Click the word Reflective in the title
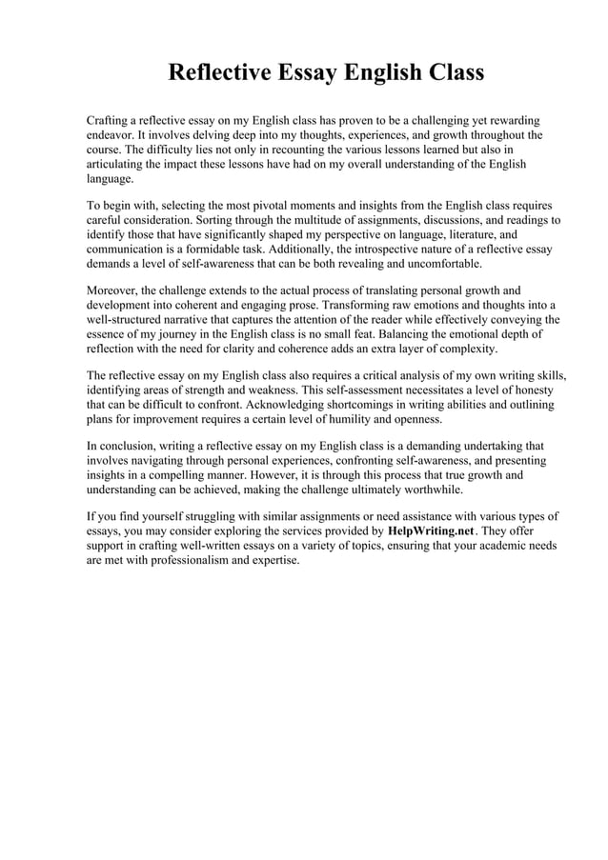pyautogui.click(x=217, y=73)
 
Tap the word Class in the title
pyautogui.click(x=448, y=73)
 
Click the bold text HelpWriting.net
pyautogui.click(x=437, y=530)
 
